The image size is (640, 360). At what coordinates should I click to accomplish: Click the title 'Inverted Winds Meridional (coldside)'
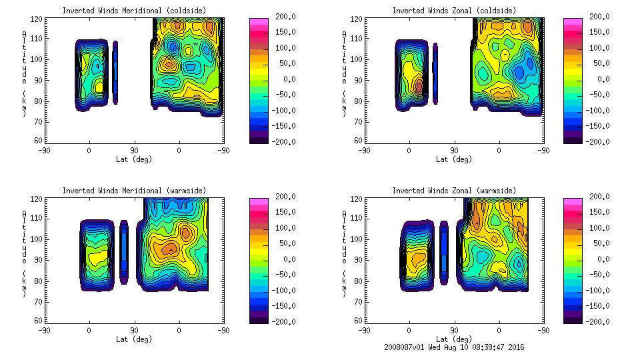(134, 11)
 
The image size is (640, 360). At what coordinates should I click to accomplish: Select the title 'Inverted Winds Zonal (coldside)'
(454, 11)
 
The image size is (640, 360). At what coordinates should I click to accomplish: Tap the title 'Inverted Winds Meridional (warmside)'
(134, 191)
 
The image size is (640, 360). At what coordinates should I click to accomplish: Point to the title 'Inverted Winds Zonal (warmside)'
(454, 191)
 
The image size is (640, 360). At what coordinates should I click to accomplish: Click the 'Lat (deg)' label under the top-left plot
(134, 159)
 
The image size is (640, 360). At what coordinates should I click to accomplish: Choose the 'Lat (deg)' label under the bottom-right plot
(454, 339)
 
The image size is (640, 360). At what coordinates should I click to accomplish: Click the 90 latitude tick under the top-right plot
(454, 151)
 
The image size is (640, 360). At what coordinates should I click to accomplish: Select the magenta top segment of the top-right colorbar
(571, 23)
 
